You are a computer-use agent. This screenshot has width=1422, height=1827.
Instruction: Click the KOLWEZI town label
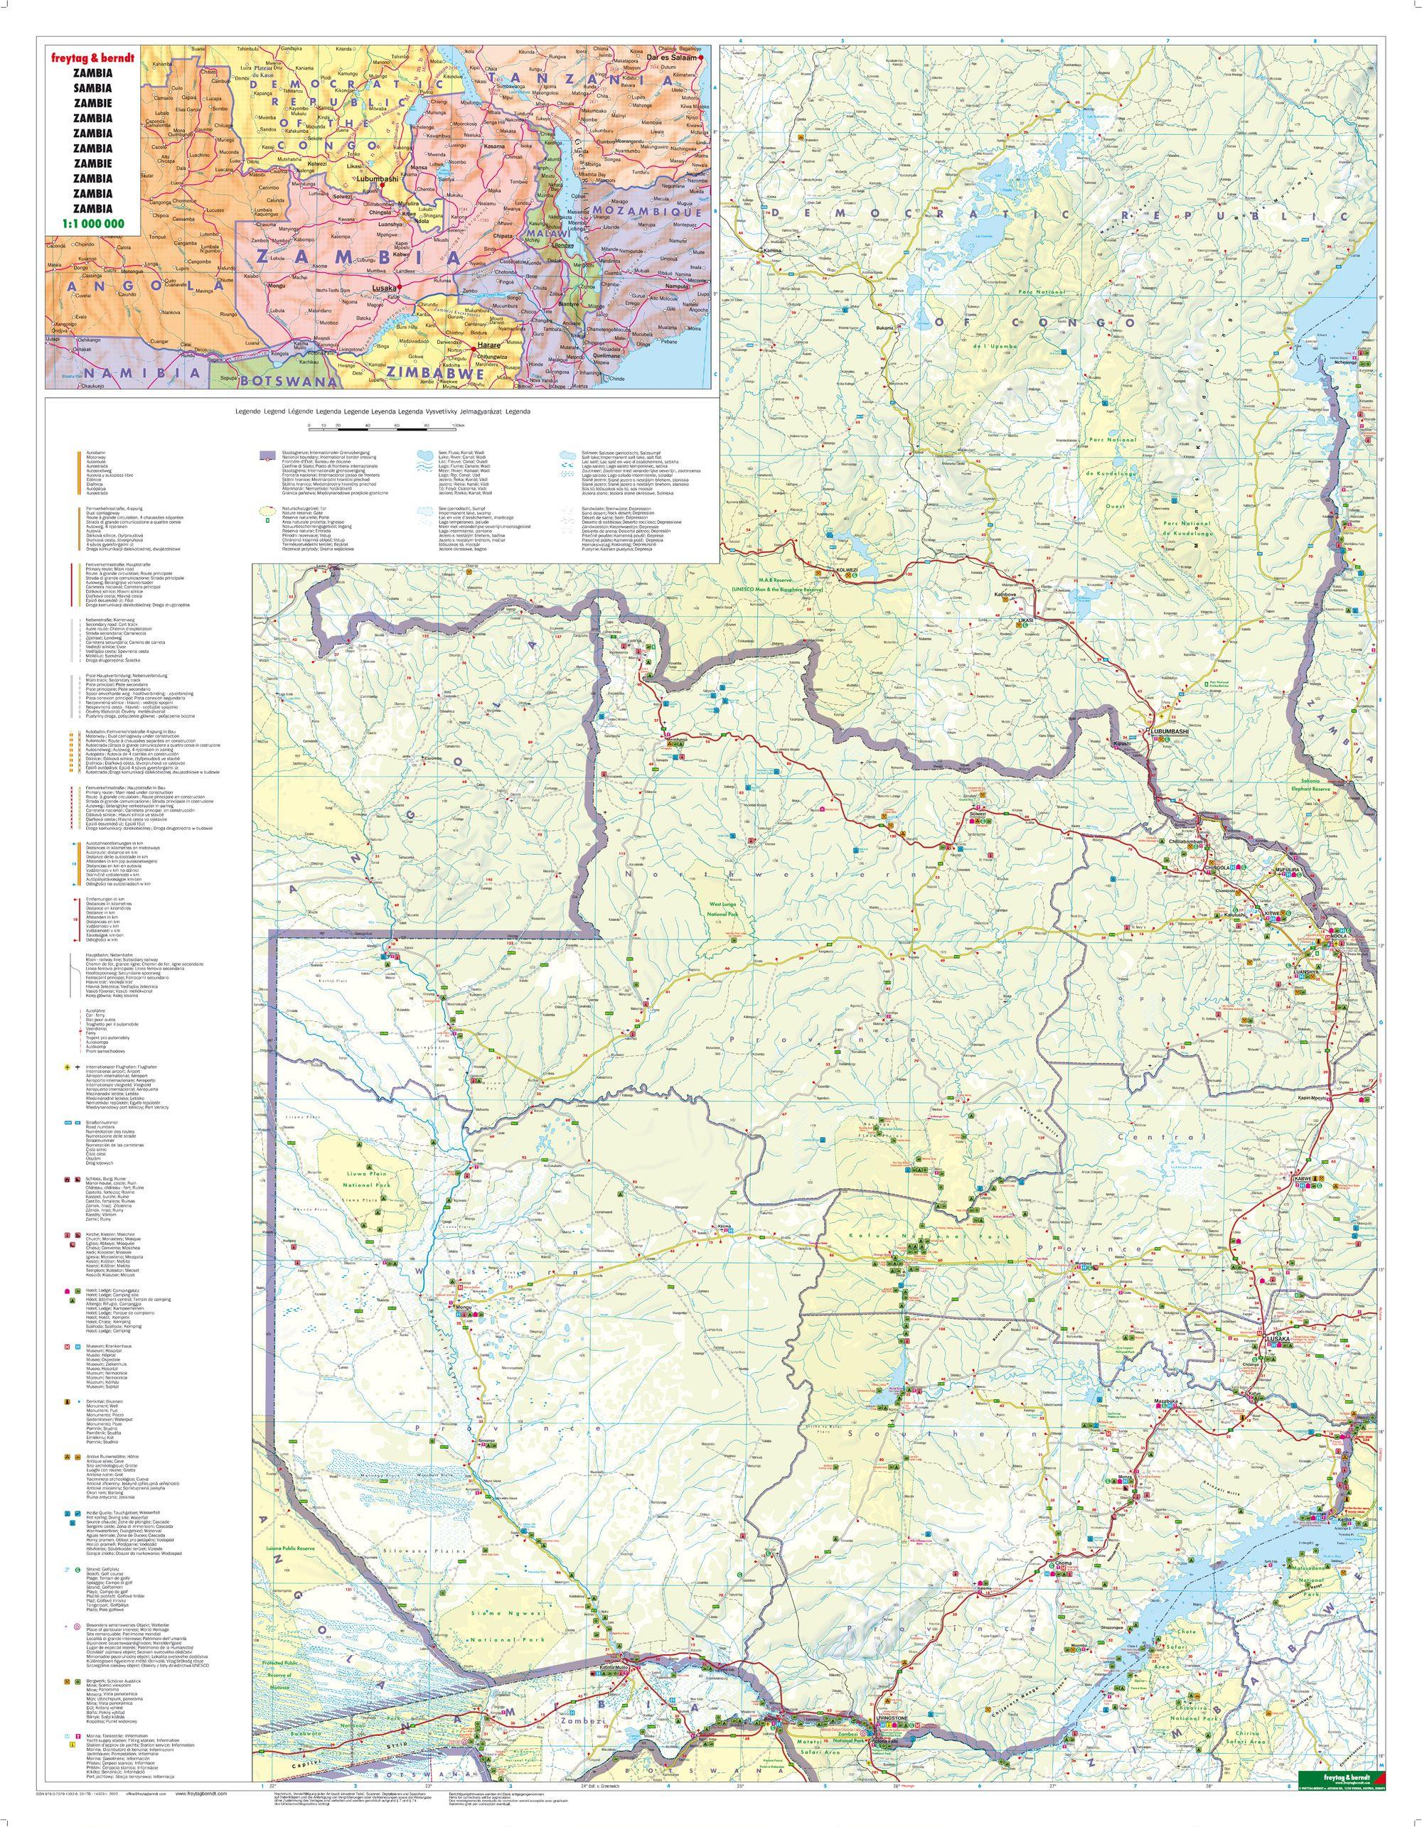coord(848,571)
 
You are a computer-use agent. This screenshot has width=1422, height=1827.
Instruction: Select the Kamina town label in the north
coord(771,251)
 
